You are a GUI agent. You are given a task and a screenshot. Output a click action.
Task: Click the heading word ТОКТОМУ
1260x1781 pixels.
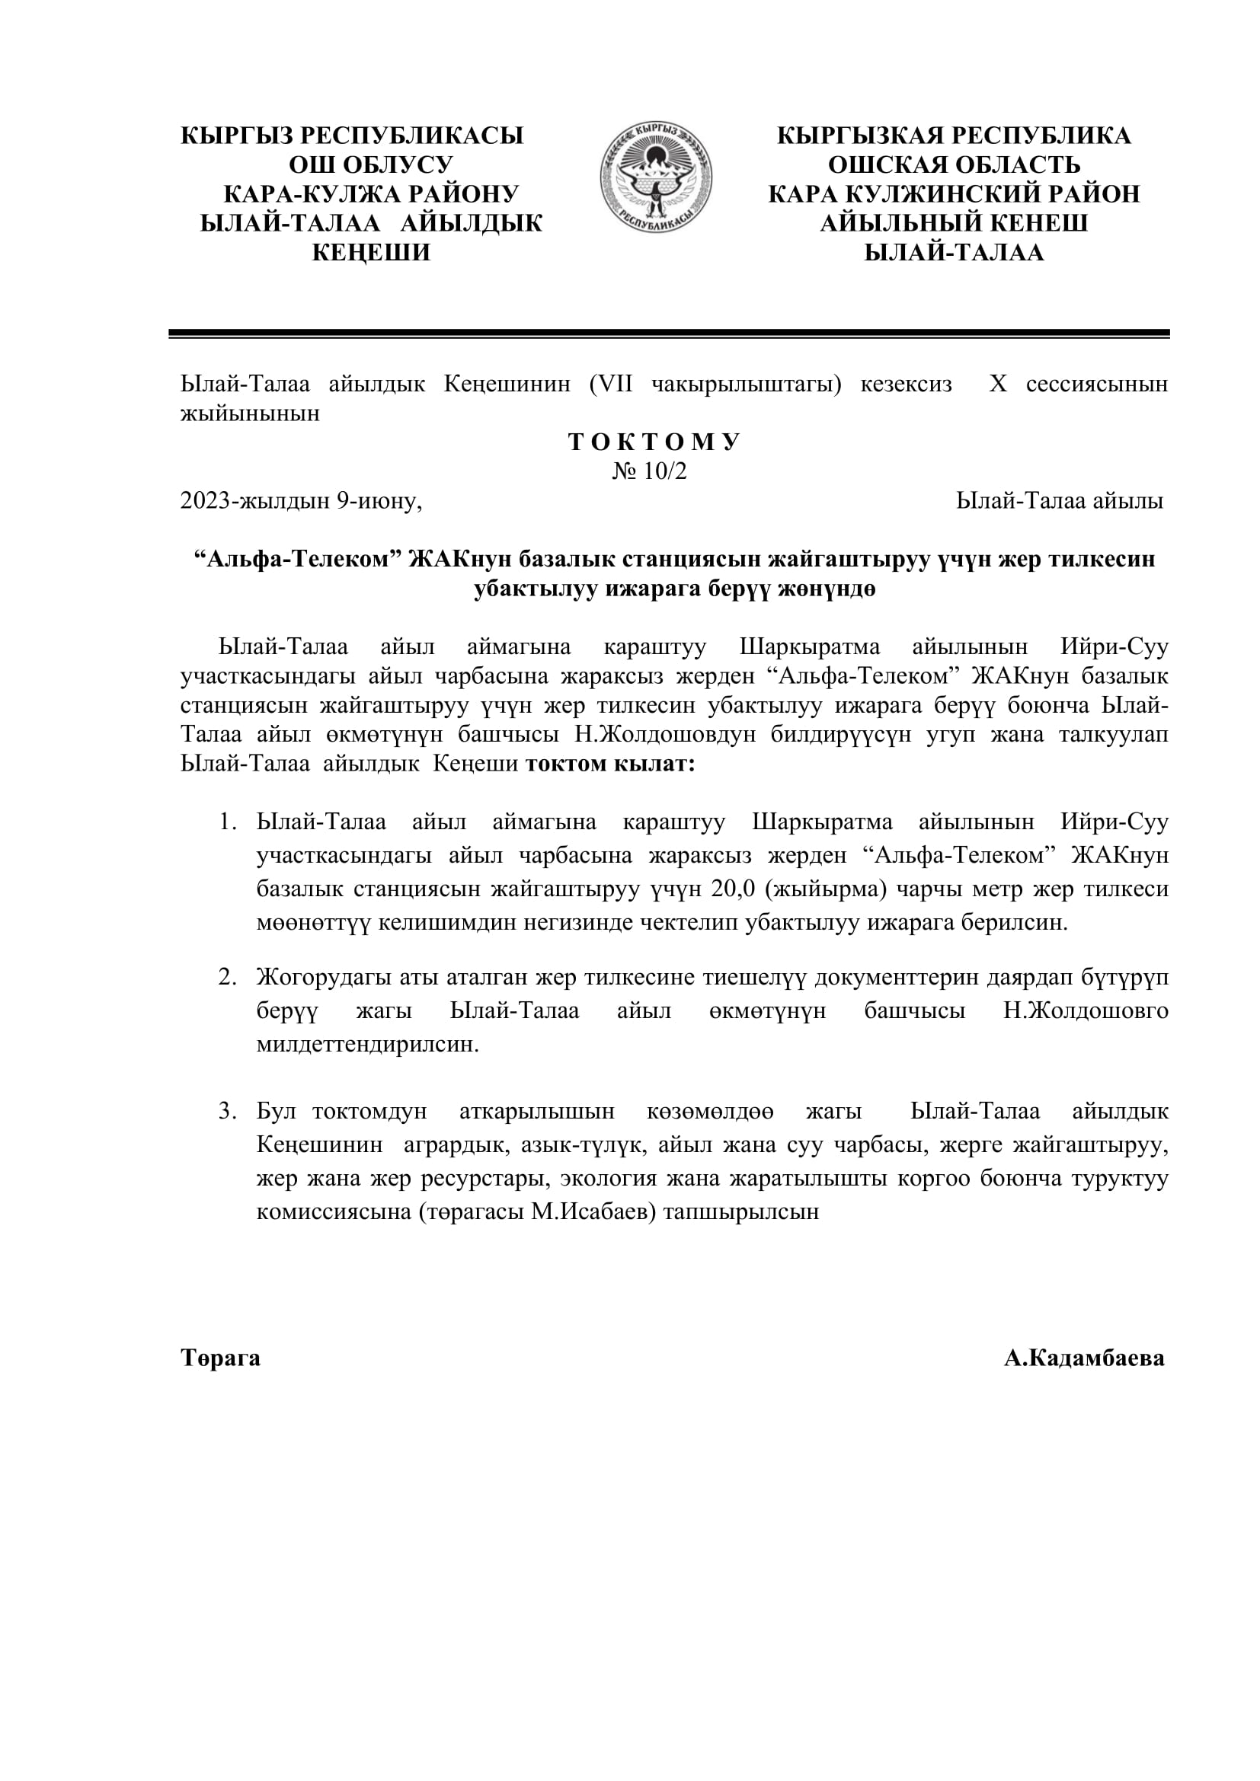coord(654,442)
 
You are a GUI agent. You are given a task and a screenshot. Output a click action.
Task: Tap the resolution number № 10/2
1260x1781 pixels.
coord(649,471)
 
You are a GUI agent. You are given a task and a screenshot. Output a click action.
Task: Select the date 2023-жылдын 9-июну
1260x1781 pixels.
coord(301,501)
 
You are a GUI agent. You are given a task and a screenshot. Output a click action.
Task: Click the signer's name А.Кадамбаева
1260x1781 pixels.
coord(1084,1358)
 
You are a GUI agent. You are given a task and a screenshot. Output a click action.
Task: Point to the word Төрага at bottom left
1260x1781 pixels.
coord(220,1358)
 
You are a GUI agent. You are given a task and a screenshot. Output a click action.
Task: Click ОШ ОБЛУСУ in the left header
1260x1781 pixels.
coord(371,164)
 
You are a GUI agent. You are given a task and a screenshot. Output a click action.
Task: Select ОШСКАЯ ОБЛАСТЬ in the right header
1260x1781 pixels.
coord(954,164)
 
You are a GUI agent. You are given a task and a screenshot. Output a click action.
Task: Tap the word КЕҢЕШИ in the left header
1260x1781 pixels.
coord(371,253)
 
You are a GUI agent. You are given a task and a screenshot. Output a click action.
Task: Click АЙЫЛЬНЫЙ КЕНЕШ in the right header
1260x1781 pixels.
coord(954,223)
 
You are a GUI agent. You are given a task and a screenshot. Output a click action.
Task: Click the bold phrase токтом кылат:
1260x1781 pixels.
coord(610,764)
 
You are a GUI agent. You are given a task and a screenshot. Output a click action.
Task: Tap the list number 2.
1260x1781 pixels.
coord(226,978)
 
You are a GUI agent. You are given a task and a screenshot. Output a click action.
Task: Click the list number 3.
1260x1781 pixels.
coord(226,1112)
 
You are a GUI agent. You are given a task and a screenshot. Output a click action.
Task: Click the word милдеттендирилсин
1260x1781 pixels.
coord(368,1045)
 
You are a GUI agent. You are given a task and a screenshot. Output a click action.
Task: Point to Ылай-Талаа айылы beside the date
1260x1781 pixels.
coord(1059,501)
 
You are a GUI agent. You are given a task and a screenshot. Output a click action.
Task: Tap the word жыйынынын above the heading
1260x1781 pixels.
coord(250,413)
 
